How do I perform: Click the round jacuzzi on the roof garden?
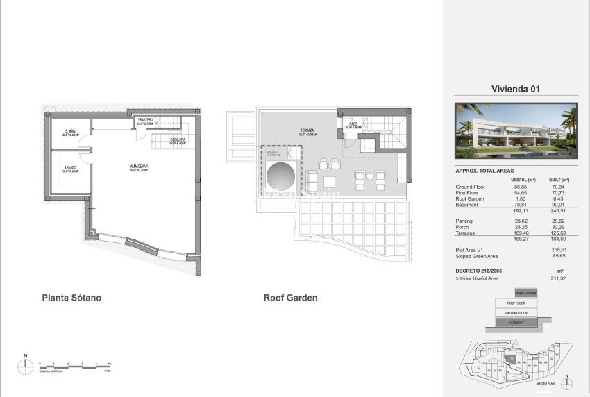pos(281,176)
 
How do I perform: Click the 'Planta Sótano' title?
pos(72,298)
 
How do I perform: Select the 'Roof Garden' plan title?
pos(290,298)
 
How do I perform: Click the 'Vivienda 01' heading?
pos(516,89)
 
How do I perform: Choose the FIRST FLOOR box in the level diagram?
pos(515,303)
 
